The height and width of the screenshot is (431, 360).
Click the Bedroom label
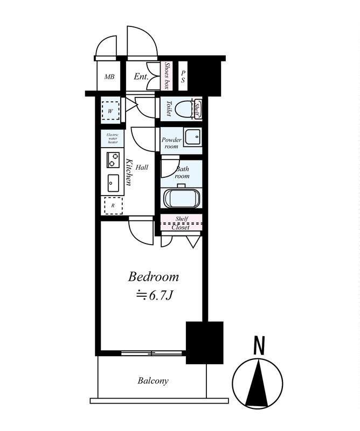153,276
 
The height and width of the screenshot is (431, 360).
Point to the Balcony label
153,381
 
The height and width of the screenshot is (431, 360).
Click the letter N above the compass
259,345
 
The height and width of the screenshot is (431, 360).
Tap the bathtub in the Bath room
181,198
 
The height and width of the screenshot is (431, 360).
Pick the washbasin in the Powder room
193,136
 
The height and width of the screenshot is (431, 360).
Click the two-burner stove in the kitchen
113,159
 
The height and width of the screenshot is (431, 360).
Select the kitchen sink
113,183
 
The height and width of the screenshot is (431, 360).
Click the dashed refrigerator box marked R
113,205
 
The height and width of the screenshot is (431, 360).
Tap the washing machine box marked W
110,111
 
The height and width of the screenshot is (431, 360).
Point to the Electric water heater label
113,138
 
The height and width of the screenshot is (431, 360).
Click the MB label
109,77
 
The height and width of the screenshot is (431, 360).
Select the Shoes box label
167,75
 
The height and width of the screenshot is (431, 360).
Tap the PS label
183,77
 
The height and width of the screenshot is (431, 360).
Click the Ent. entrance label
141,77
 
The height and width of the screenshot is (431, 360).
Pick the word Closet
181,227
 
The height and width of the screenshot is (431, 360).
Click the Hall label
142,167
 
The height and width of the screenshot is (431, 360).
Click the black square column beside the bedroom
205,343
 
